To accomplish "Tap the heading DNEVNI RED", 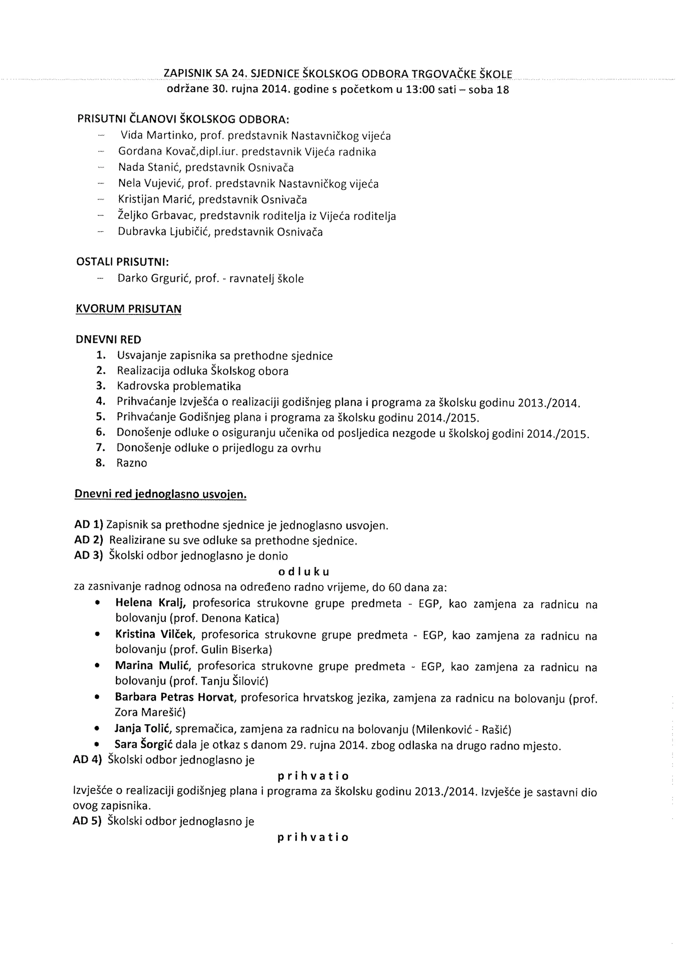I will pyautogui.click(x=108, y=339).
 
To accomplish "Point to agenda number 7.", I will pyautogui.click(x=100, y=448).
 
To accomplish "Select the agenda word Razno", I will pyautogui.click(x=132, y=463).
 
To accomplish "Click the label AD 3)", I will pyautogui.click(x=88, y=556).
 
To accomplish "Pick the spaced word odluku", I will pyautogui.click(x=303, y=572).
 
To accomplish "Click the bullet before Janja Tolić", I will pyautogui.click(x=97, y=730).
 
